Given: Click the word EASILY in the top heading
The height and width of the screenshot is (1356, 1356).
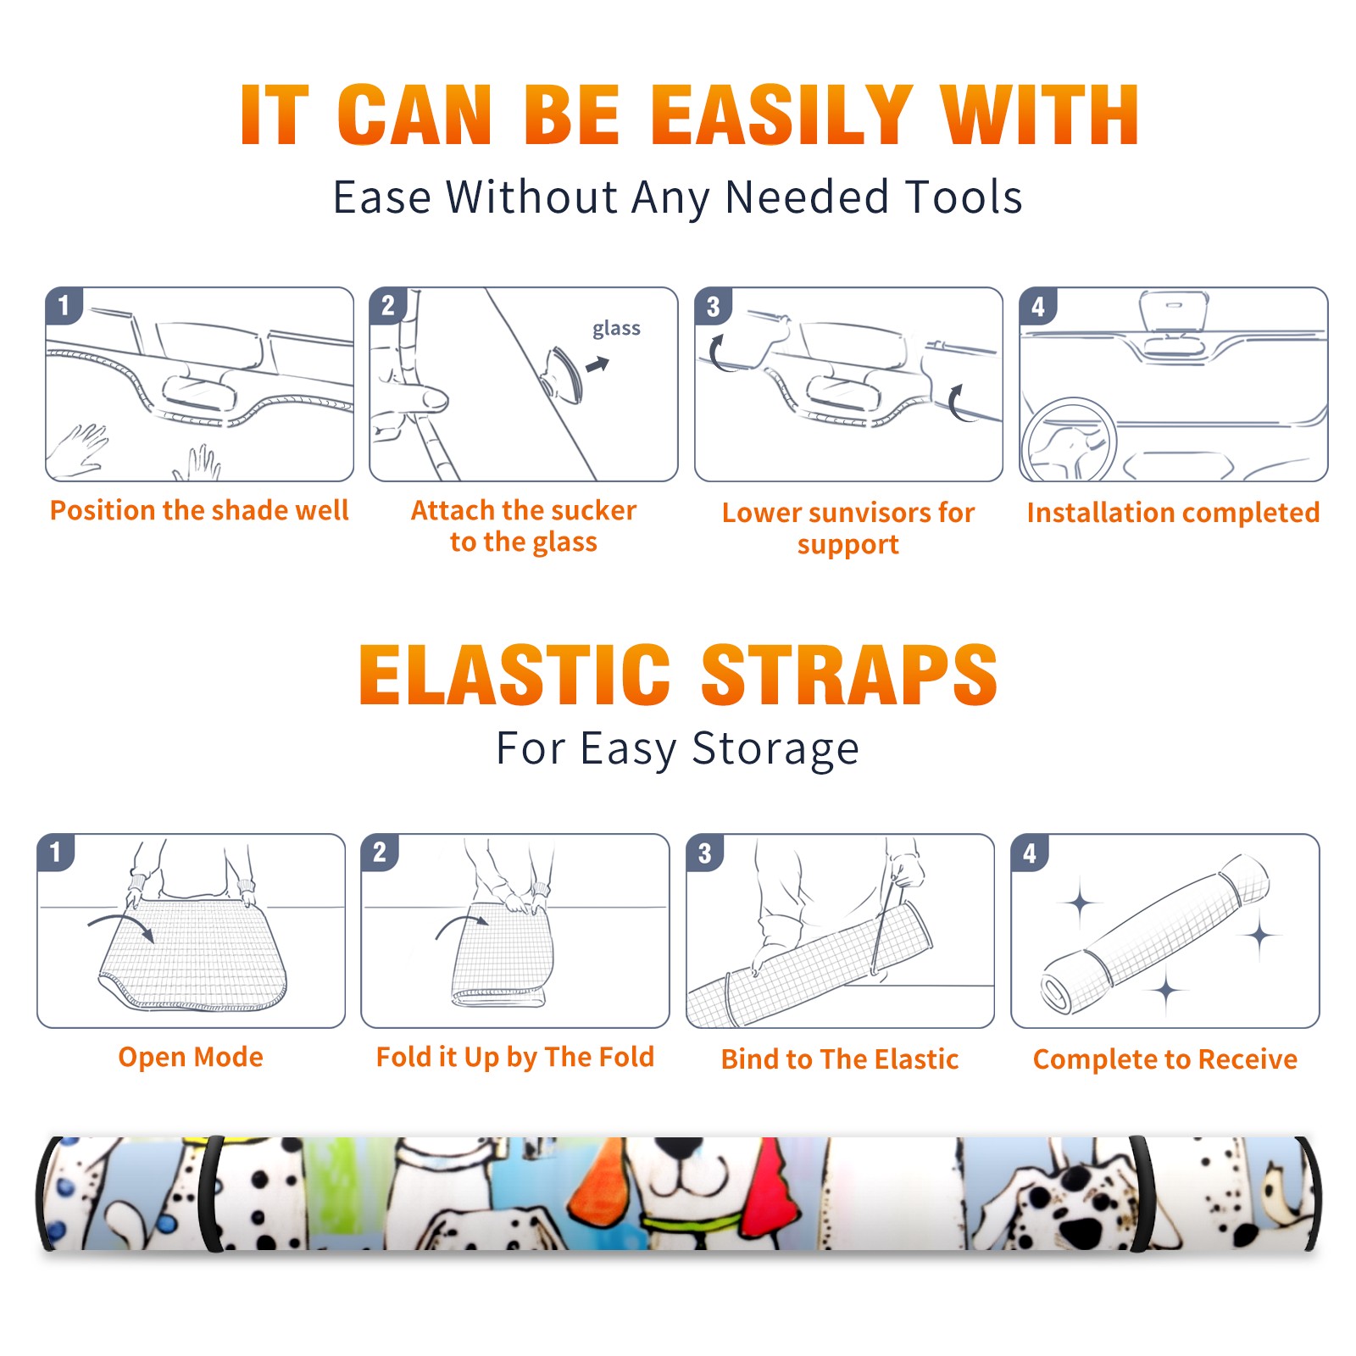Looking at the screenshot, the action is pyautogui.click(x=782, y=115).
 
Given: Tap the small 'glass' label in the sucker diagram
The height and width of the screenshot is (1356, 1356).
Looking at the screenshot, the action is pyautogui.click(x=616, y=329).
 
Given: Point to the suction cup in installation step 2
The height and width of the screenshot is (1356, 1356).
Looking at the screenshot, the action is pyautogui.click(x=563, y=373).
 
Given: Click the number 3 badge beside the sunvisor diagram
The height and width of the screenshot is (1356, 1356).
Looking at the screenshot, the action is pyautogui.click(x=713, y=306).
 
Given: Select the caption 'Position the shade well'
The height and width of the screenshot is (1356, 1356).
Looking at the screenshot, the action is pyautogui.click(x=199, y=510).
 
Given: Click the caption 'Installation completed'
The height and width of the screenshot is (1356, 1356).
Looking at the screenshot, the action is pyautogui.click(x=1173, y=513).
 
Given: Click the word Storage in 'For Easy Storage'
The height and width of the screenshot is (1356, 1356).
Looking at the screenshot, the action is pyautogui.click(x=775, y=749).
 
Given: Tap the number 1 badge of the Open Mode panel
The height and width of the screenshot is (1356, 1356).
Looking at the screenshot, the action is pyautogui.click(x=56, y=852).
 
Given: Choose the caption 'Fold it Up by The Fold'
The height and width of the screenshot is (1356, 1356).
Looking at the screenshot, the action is pyautogui.click(x=514, y=1057).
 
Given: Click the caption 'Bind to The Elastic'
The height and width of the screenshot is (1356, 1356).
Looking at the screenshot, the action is pyautogui.click(x=840, y=1059).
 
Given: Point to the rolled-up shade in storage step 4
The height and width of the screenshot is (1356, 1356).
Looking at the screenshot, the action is pyautogui.click(x=1155, y=933).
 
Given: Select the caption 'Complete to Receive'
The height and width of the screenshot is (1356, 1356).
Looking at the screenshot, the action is pyautogui.click(x=1165, y=1059).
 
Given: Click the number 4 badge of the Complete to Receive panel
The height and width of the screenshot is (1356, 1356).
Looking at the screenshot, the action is pyautogui.click(x=1030, y=852).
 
